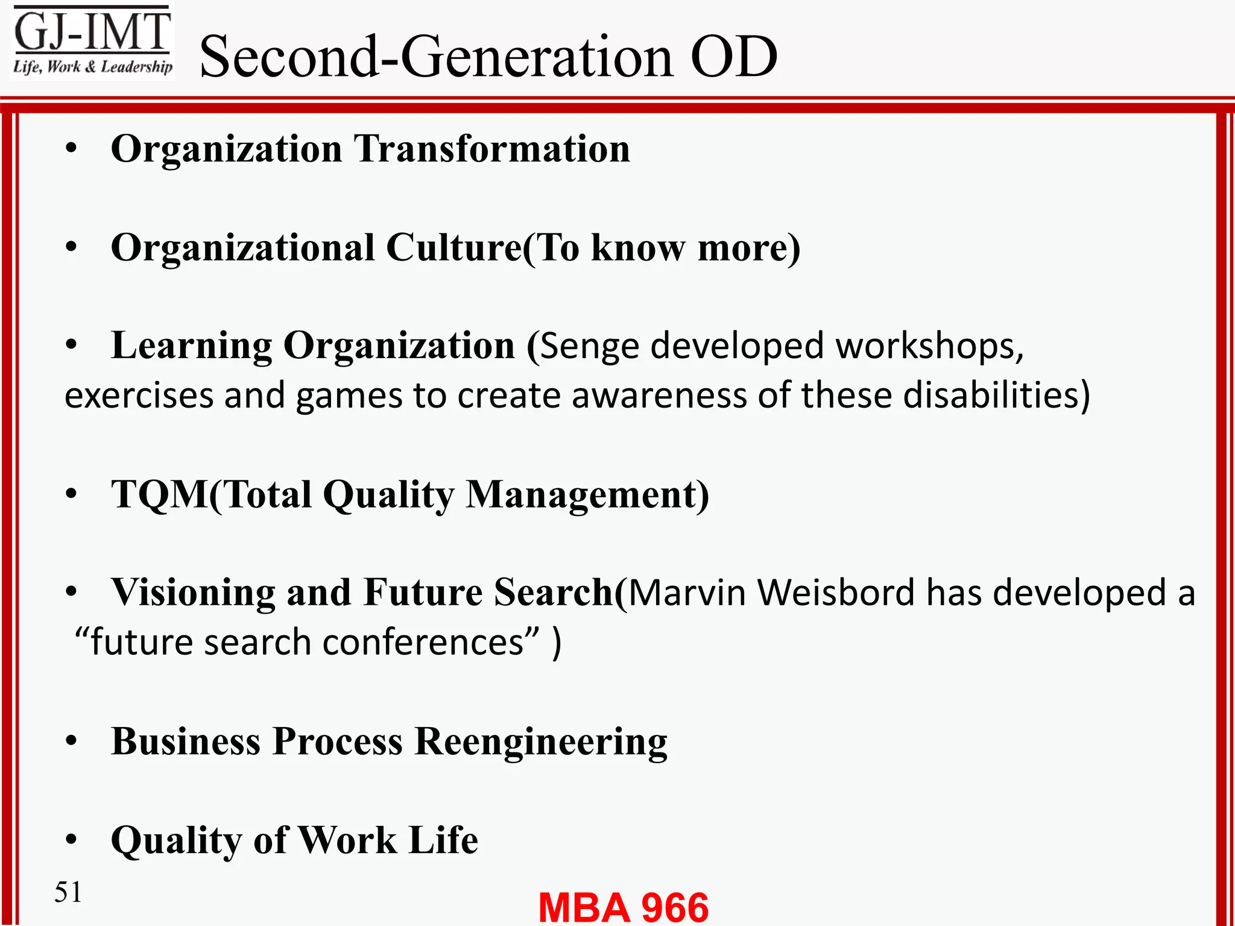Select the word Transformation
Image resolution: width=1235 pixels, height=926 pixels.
[x=491, y=149]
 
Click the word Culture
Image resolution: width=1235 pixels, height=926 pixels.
[x=453, y=248]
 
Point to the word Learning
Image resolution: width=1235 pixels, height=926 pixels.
[x=192, y=347]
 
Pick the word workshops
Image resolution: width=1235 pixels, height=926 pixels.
[x=929, y=347]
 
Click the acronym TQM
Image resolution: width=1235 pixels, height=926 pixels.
[x=160, y=495]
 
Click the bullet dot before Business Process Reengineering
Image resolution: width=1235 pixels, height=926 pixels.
[x=72, y=742]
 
